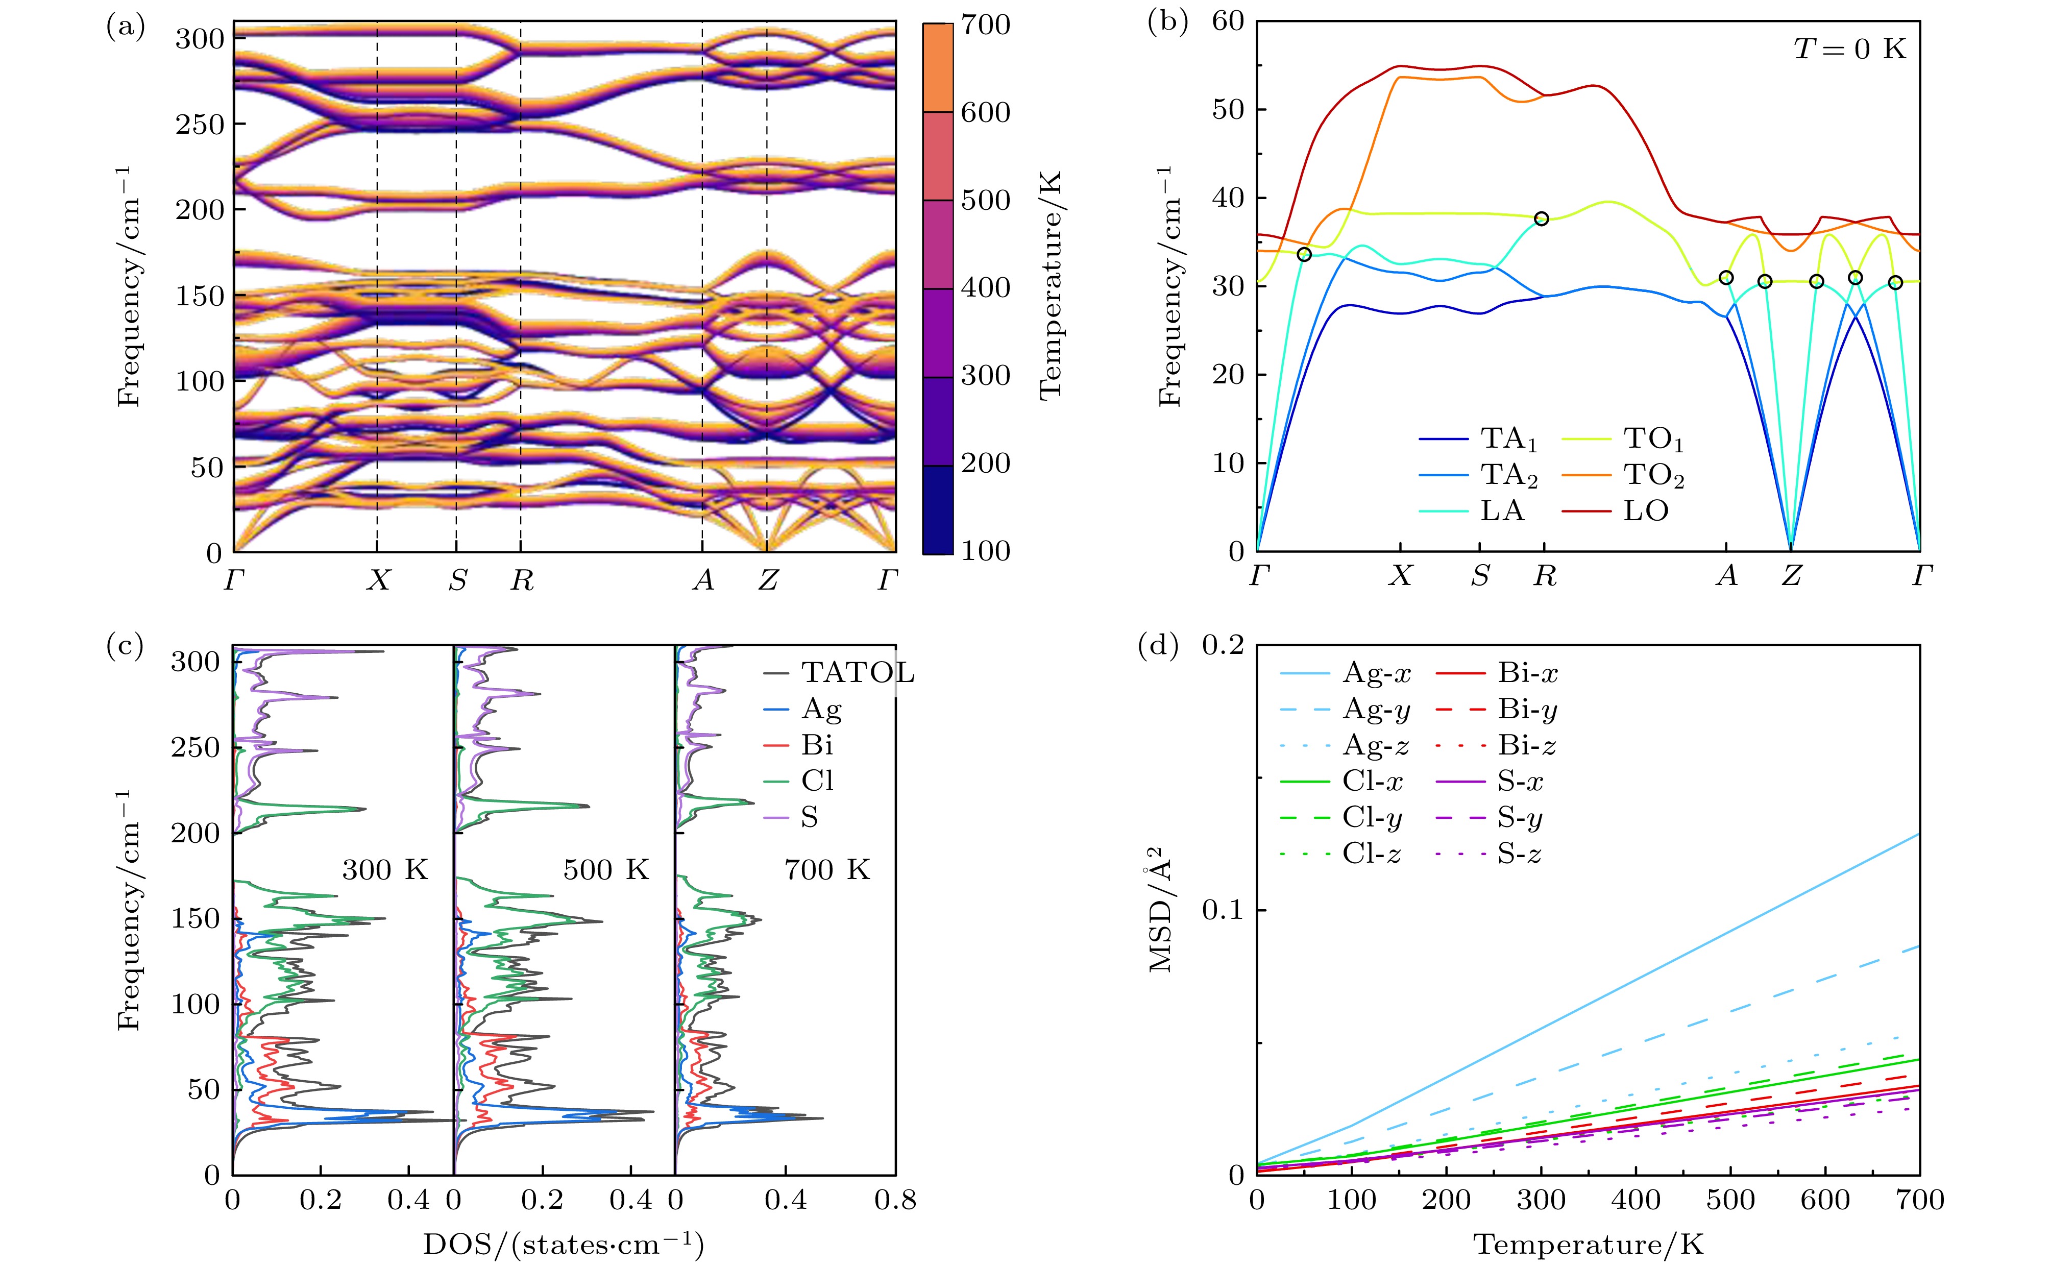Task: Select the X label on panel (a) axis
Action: click(x=378, y=579)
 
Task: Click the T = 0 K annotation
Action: click(x=1849, y=50)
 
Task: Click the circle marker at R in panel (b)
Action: click(x=1541, y=218)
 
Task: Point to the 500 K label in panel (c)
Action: click(x=606, y=871)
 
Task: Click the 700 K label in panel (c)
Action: click(x=827, y=871)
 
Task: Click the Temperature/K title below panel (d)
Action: click(x=1588, y=1244)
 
